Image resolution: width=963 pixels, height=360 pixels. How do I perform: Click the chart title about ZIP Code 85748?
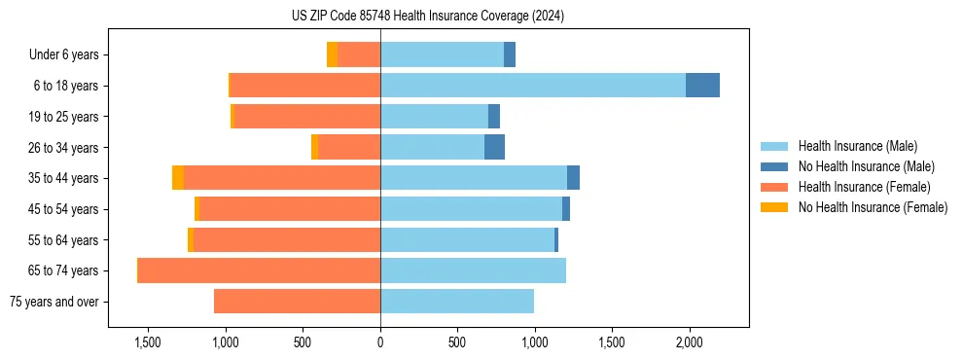coord(427,17)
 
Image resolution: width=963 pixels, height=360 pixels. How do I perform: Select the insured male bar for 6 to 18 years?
coord(533,86)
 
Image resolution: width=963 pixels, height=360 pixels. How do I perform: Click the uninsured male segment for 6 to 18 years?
coord(702,86)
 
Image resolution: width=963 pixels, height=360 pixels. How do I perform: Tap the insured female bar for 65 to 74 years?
coord(259,270)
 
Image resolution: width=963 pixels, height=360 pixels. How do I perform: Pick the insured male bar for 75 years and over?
coord(457,302)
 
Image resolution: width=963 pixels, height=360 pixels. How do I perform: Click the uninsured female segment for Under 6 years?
coord(332,54)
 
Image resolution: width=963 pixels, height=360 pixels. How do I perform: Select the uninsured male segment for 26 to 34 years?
coord(494,147)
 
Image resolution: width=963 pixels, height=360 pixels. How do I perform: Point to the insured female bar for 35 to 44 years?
coord(282,178)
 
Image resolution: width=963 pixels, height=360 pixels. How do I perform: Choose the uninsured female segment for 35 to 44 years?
coord(178,178)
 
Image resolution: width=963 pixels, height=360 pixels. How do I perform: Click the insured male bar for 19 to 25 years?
coord(434,117)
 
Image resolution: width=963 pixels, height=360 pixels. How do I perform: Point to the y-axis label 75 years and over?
coord(53,302)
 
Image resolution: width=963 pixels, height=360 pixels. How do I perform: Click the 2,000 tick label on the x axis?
coord(689,342)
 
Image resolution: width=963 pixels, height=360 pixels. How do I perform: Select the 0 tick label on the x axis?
coord(380,342)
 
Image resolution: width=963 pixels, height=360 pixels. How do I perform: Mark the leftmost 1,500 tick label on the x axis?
coord(148,342)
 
